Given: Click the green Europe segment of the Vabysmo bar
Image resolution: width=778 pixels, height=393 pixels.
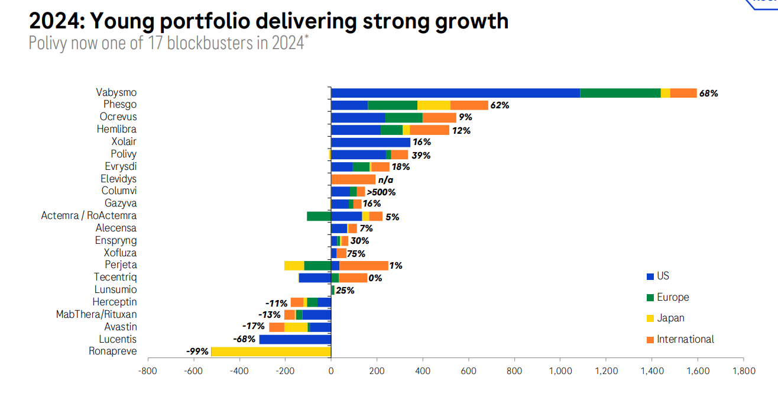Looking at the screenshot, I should point(620,93).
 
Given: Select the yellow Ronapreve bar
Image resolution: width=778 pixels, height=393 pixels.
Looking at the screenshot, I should point(271,352).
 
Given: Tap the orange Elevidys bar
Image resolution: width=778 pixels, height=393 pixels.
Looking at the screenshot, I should point(353,179).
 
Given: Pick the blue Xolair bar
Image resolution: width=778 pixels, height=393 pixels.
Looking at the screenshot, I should point(371,142).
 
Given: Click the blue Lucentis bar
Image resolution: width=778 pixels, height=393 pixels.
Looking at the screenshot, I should point(295,339).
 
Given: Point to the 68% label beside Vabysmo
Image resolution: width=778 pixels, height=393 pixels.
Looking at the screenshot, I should point(708,94).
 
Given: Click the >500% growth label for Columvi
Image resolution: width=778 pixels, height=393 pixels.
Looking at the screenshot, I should point(381,192).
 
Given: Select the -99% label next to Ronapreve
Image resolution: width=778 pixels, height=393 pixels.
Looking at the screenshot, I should point(197,352).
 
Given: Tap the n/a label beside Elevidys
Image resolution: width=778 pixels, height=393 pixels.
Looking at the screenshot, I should point(385,180).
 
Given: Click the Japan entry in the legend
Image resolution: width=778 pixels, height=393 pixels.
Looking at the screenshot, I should point(670,318).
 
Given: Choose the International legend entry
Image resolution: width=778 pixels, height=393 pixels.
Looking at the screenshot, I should point(685,339).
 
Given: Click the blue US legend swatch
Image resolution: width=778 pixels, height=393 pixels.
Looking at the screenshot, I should point(650,276).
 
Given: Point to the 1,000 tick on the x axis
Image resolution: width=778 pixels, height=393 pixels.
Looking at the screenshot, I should point(559,371).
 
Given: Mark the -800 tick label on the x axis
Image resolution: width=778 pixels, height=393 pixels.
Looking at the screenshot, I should point(147,371).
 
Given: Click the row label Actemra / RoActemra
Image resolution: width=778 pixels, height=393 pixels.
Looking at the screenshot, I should point(89,216).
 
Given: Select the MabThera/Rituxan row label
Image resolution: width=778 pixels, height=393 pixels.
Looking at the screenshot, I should point(96,314).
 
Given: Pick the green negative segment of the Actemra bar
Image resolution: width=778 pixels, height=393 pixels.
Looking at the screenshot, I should point(319,216).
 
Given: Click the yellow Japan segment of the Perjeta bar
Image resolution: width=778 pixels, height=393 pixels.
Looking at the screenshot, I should point(294,265).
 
